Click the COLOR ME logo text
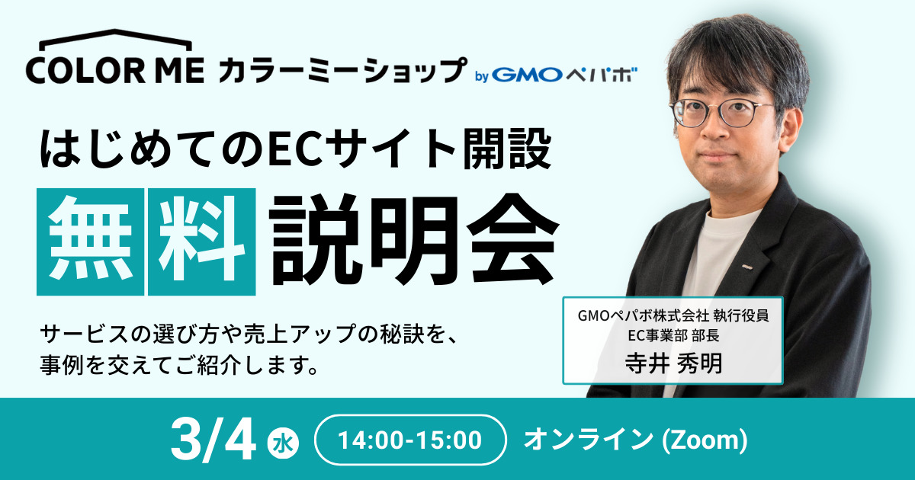(x=115, y=71)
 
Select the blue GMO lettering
(x=527, y=75)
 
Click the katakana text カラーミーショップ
(x=342, y=70)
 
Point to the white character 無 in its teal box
(x=90, y=242)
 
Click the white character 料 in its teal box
(x=202, y=242)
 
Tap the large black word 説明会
(x=413, y=240)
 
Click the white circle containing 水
(x=283, y=443)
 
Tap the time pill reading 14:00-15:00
(x=410, y=440)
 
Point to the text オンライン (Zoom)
(x=636, y=440)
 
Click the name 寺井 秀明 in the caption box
(x=673, y=363)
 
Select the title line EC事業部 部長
(x=673, y=335)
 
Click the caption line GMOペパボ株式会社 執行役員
(x=673, y=315)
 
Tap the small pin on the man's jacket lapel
(x=747, y=267)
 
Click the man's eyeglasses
(x=721, y=111)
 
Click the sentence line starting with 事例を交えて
(x=179, y=364)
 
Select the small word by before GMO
(x=482, y=76)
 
